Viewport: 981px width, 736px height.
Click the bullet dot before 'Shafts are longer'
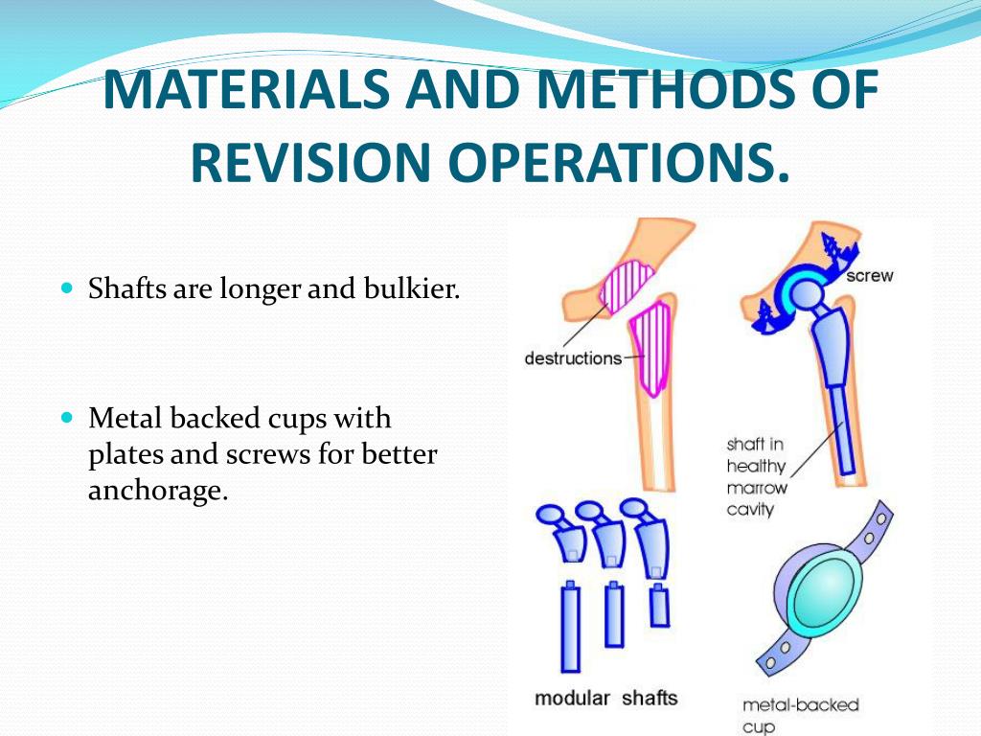(66, 287)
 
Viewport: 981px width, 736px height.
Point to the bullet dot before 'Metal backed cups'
(66, 418)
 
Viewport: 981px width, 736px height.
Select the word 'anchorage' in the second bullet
(158, 491)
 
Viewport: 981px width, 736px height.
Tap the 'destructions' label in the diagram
(573, 358)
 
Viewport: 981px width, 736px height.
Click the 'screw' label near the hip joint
(870, 276)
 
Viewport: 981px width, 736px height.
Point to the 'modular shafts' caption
(605, 698)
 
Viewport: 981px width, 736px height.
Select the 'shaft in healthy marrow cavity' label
(756, 476)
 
